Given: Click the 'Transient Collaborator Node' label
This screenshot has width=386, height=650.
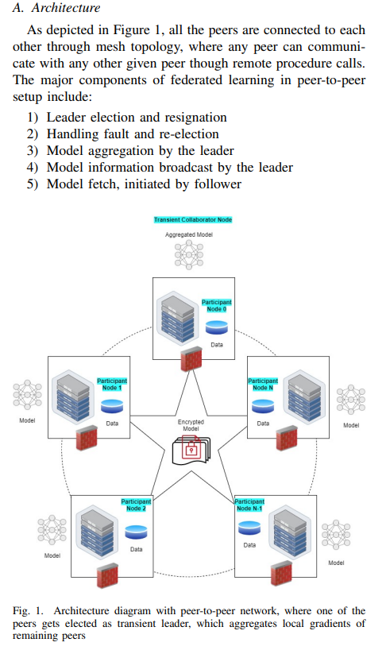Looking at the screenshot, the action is [192, 219].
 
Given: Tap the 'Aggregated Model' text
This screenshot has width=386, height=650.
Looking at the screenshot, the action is [189, 234].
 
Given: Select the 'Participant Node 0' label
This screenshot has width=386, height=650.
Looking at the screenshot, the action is [217, 305].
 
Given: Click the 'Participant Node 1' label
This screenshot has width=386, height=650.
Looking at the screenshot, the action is [112, 385].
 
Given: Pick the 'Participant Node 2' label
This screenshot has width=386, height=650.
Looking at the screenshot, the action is [136, 505].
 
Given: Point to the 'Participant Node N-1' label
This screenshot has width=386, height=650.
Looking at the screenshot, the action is [249, 505].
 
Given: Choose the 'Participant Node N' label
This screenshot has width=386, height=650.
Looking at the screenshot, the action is [263, 385].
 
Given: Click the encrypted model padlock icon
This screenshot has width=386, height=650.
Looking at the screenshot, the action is [191, 451].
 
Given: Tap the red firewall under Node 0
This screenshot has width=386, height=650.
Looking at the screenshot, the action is [191, 359].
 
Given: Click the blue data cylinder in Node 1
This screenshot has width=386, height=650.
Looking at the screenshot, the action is [112, 406].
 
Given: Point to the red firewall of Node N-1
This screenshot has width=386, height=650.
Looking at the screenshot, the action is [281, 574].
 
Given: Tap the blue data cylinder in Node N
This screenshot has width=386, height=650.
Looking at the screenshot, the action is [263, 406].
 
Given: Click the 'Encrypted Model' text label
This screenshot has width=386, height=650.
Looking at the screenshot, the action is [191, 425].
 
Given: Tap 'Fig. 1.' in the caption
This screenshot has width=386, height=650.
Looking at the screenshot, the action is [28, 611].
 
